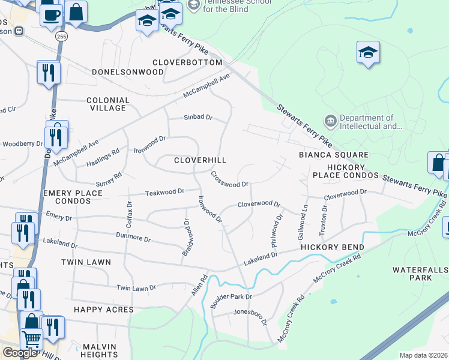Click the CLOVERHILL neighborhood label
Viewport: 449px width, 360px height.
pyautogui.click(x=200, y=161)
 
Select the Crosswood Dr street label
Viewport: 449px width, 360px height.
pyautogui.click(x=229, y=179)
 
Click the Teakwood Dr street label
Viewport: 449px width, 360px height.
pyautogui.click(x=165, y=192)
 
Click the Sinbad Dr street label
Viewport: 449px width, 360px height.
pyautogui.click(x=198, y=118)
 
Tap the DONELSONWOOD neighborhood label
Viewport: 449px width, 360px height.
pyautogui.click(x=128, y=72)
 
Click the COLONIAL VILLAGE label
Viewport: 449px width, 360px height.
pyautogui.click(x=108, y=104)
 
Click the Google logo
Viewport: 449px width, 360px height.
pyautogui.click(x=20, y=353)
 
